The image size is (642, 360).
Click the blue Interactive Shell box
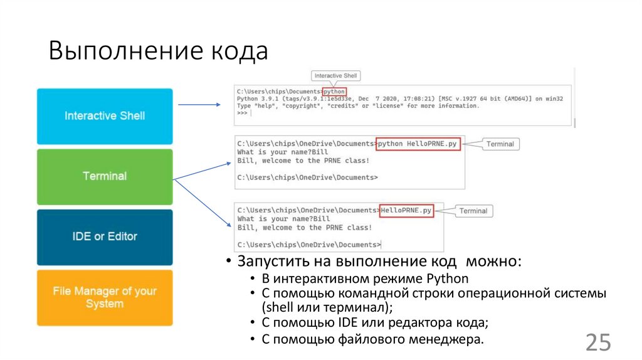(x=105, y=116)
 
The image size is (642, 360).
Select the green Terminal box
(x=105, y=176)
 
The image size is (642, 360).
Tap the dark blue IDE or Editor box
(x=105, y=236)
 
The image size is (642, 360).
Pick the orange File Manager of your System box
(x=105, y=297)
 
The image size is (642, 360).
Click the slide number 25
(x=597, y=342)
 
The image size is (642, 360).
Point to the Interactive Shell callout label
(x=335, y=76)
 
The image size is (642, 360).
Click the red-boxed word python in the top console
(x=334, y=92)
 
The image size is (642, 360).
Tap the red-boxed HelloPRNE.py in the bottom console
(x=406, y=210)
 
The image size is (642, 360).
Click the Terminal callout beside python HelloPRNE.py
(x=500, y=144)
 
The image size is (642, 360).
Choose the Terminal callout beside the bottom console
(x=473, y=211)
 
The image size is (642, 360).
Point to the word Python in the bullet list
(x=447, y=279)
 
